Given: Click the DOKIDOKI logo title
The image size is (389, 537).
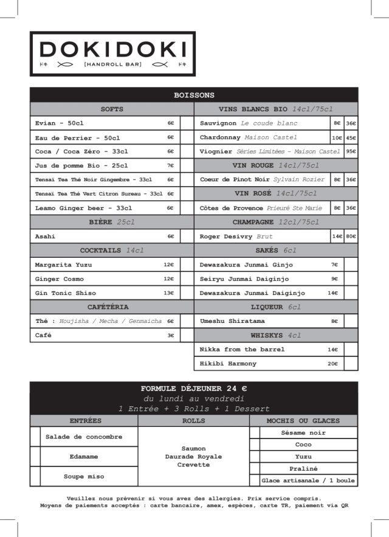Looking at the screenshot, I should (112, 49).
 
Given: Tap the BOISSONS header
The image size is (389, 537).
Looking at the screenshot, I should (194, 95).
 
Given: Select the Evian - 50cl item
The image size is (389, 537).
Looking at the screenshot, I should (60, 123).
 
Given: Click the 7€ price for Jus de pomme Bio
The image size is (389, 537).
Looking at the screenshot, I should (170, 165).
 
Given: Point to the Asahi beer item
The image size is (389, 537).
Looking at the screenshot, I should (46, 237).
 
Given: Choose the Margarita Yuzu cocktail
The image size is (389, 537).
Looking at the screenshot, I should (63, 265).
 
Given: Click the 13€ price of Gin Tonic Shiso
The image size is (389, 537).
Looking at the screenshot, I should (168, 293).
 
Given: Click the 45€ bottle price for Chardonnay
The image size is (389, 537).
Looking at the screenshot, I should (351, 137).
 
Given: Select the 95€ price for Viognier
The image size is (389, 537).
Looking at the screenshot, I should (351, 151).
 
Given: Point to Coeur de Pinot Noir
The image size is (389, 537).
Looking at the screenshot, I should (235, 179).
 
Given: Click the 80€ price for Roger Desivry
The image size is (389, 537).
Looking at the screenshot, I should (351, 237).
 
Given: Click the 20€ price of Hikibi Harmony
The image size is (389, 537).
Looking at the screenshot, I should (332, 364).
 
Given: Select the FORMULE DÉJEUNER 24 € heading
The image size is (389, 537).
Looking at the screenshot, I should (194, 388).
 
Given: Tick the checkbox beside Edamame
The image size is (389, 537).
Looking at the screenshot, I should (35, 456).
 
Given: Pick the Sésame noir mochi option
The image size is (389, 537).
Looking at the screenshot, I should (303, 433).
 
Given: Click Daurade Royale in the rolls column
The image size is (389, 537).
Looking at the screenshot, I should (193, 457).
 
